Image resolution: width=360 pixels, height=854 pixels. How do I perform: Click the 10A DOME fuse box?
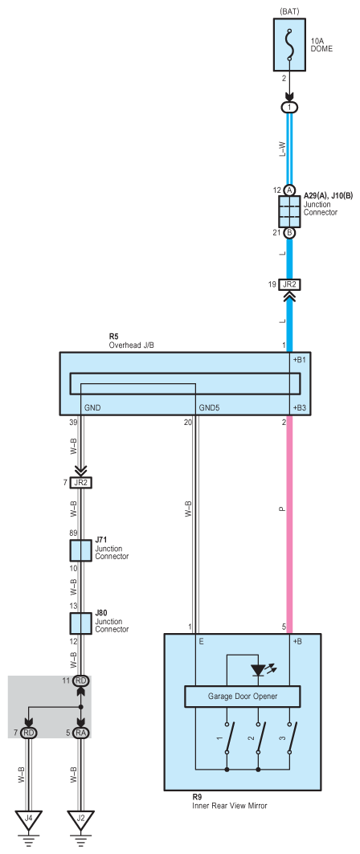[x=289, y=45]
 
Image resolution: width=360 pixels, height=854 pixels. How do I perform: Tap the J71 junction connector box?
[x=80, y=550]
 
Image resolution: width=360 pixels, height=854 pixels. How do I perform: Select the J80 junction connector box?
[x=80, y=623]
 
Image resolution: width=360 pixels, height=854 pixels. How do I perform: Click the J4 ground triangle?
[x=29, y=820]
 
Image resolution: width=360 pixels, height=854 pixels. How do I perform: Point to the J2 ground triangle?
[x=80, y=820]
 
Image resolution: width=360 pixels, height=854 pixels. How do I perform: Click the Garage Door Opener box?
[x=243, y=696]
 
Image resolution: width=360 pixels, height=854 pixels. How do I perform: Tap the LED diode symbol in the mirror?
[x=258, y=671]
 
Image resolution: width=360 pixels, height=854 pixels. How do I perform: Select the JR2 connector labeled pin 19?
[x=289, y=284]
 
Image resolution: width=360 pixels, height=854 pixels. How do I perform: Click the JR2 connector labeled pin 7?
[x=80, y=482]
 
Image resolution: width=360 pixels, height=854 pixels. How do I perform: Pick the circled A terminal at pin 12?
[x=289, y=190]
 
